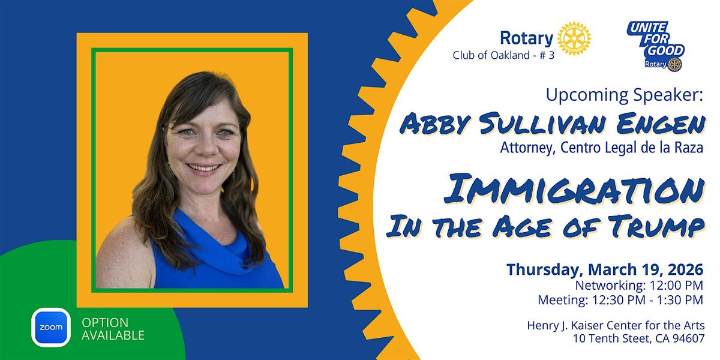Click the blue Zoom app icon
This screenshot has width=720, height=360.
coord(51,327)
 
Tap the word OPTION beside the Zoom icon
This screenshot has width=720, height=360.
coord(105,322)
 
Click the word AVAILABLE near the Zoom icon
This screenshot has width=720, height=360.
coord(113,335)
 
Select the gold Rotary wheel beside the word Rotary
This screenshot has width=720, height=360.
coord(574,38)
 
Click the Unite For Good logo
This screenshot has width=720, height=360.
coord(656,46)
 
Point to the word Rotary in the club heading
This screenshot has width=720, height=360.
coord(527,38)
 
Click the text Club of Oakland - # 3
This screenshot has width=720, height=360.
coord(503,55)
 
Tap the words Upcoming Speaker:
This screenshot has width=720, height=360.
coord(625,95)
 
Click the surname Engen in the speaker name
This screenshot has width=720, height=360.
coord(661,124)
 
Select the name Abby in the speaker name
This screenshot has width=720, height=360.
coord(435,124)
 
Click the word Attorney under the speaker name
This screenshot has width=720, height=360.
coord(528,148)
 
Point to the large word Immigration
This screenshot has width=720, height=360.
coord(574,190)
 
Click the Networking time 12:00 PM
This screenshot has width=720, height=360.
coord(677,285)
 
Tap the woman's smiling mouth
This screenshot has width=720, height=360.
coord(204,168)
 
